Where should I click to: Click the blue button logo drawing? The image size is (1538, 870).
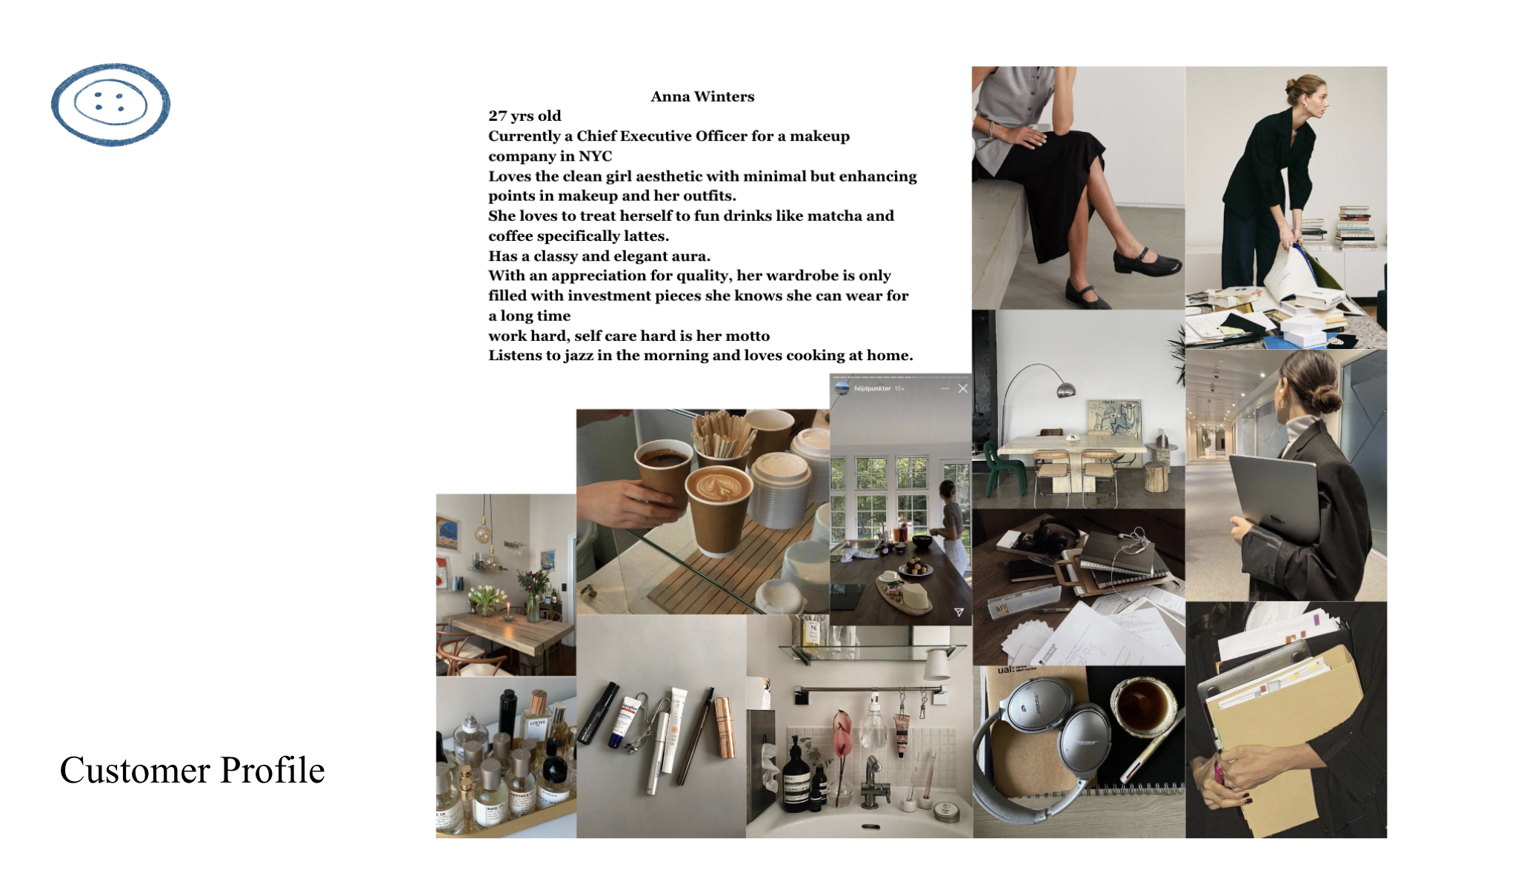(110, 104)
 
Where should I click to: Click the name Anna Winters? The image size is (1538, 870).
(702, 96)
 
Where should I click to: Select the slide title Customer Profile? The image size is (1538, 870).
(192, 770)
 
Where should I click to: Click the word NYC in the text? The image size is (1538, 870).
(596, 156)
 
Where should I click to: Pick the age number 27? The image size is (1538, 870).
(497, 116)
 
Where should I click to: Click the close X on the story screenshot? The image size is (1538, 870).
(962, 388)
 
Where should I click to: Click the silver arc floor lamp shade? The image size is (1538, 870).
(1066, 389)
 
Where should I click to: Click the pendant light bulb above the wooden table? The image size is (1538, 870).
(484, 533)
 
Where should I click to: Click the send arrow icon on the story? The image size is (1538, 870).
(959, 612)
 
